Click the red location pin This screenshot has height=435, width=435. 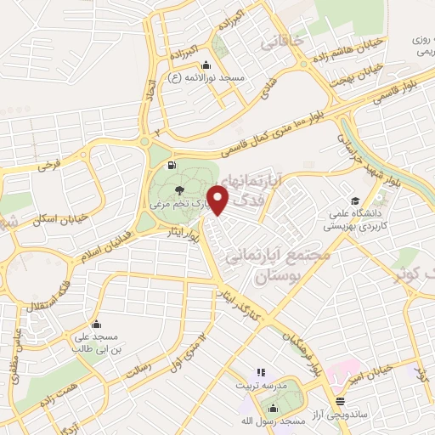(x=219, y=201)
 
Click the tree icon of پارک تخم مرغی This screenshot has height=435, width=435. (x=178, y=190)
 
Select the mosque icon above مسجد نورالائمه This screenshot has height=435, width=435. (x=205, y=65)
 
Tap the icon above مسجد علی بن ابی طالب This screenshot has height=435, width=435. (x=96, y=324)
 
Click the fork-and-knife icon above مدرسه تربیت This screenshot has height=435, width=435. (x=261, y=372)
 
